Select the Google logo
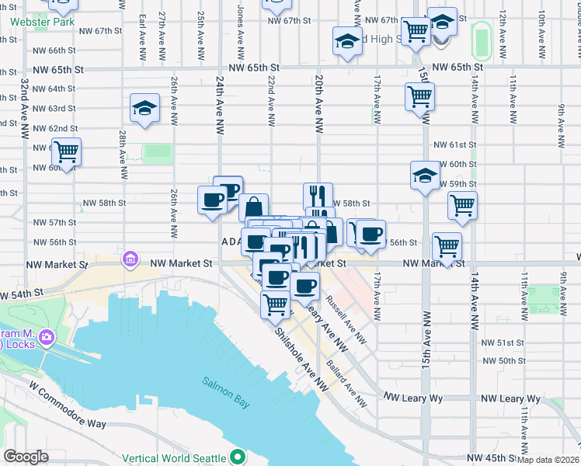click(26, 457)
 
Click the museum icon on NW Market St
click(130, 259)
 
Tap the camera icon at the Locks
click(47, 338)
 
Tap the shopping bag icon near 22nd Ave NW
click(253, 208)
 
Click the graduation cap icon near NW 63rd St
click(144, 110)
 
